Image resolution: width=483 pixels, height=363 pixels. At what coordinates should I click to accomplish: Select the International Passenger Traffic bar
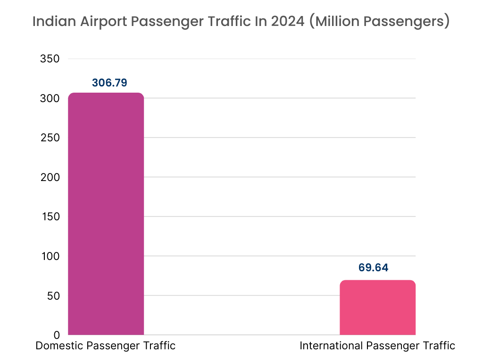377,307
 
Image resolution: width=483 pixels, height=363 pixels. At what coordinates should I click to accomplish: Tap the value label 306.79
109,83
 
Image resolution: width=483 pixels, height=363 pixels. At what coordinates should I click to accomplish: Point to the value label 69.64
373,268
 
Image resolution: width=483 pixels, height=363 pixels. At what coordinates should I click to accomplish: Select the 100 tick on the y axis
50,256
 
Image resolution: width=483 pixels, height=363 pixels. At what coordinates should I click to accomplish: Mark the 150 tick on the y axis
50,217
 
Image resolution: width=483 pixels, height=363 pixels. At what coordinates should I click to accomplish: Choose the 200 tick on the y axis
50,177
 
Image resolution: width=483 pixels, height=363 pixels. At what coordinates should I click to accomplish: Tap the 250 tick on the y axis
50,138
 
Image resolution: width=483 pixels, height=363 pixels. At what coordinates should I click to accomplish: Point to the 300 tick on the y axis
50,98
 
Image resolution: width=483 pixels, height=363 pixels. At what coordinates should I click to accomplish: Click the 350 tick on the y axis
50,59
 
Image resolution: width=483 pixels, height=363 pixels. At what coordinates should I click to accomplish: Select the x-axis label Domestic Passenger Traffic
106,346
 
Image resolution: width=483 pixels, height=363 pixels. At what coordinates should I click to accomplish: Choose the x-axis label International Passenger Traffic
377,346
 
